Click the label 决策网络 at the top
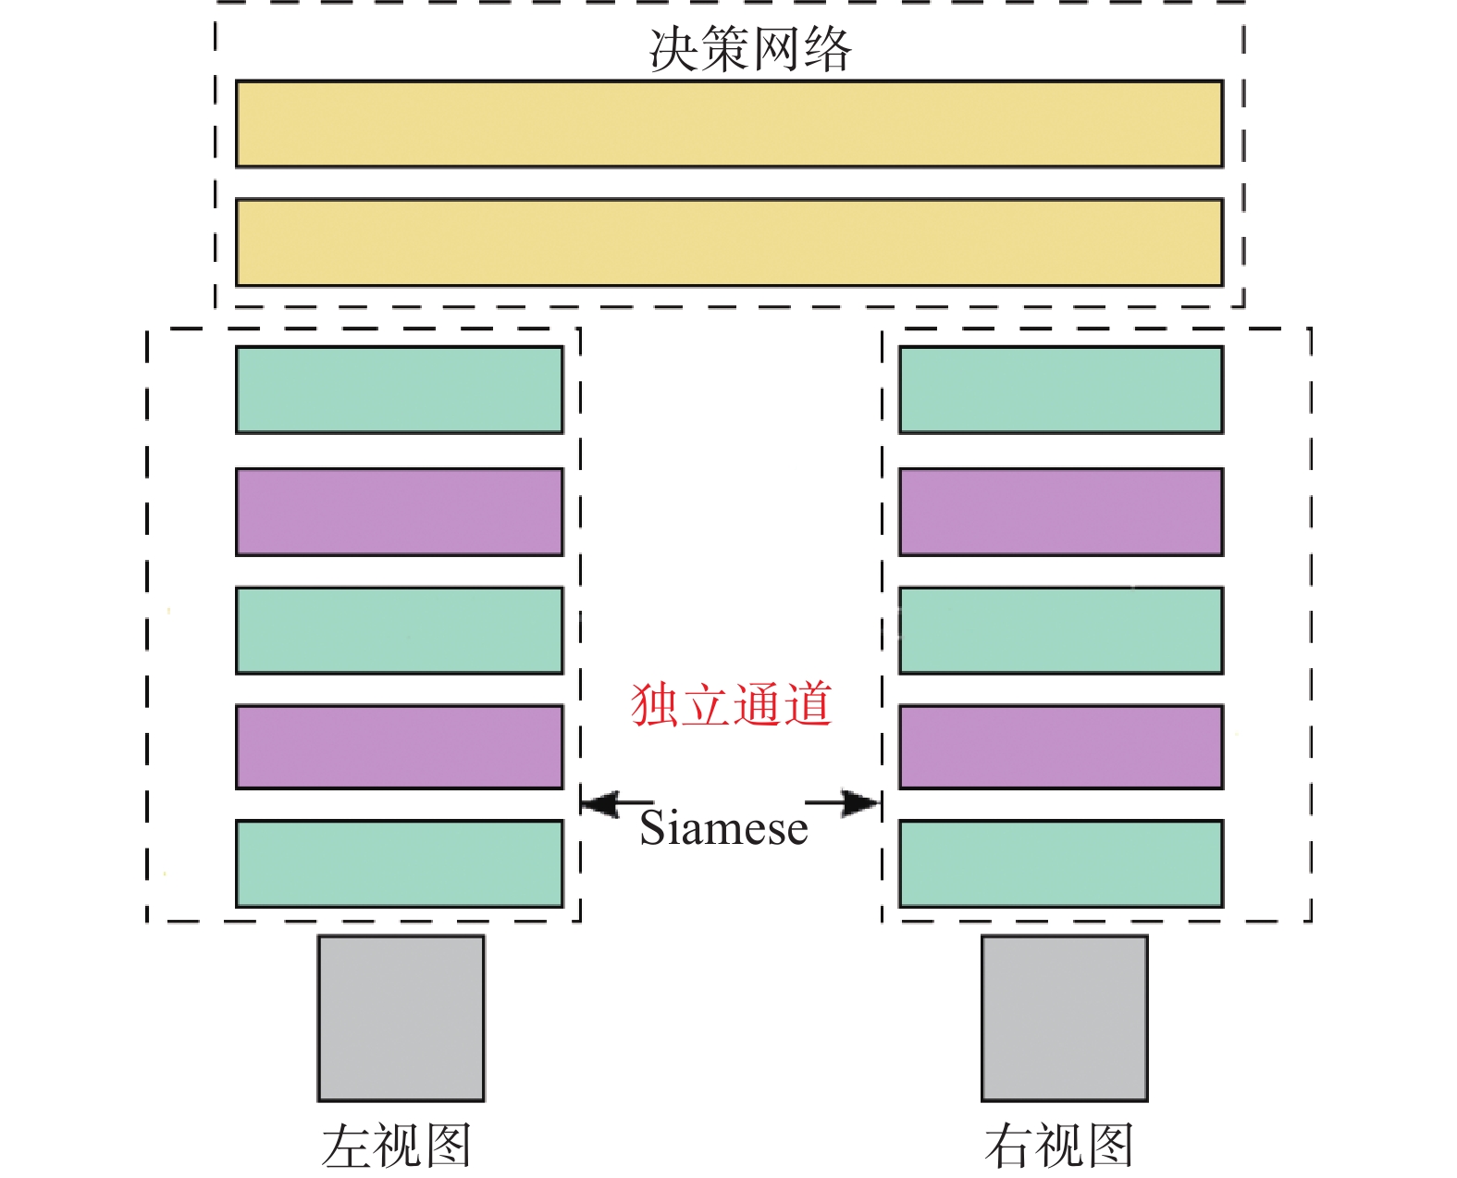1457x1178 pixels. tap(749, 49)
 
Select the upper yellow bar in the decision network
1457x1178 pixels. tap(729, 124)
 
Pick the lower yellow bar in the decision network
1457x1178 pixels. tap(729, 242)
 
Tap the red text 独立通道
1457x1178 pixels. tap(731, 705)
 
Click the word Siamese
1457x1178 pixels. tap(723, 828)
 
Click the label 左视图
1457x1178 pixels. tap(397, 1146)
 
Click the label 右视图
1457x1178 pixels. tap(1059, 1146)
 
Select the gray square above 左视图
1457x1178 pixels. tap(401, 1018)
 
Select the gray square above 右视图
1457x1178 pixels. tap(1065, 1018)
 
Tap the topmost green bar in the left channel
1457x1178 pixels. tap(400, 390)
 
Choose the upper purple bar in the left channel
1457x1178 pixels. tap(400, 512)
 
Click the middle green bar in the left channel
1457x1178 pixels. tap(400, 630)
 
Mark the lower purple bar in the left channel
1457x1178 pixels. tap(400, 747)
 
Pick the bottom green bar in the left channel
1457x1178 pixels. tap(400, 863)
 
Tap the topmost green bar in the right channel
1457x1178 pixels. tap(1061, 390)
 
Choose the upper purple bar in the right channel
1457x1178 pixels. tap(1061, 512)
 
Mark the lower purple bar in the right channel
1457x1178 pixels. tap(1061, 747)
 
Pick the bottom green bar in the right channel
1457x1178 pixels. tap(1061, 863)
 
